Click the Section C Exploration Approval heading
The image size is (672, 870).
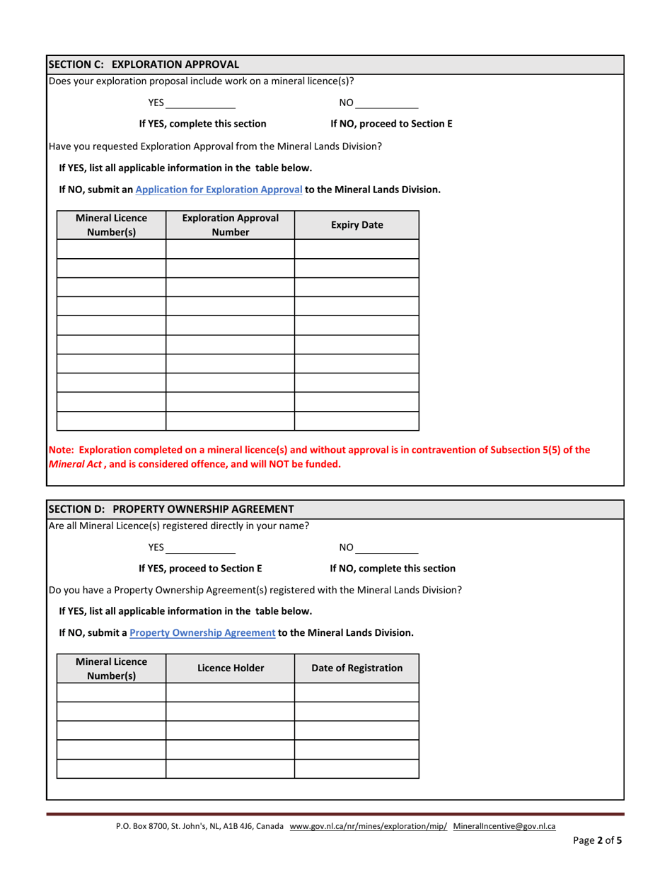[x=144, y=64]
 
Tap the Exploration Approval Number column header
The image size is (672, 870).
[x=230, y=225]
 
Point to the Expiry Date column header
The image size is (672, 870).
[x=357, y=225]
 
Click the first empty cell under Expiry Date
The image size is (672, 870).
[x=357, y=250]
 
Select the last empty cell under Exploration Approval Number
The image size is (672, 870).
[x=230, y=421]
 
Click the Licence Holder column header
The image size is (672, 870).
[x=230, y=668]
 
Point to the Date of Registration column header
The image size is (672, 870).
[x=357, y=668]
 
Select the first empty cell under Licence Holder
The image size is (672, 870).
[x=230, y=693]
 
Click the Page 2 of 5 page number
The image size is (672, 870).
[x=597, y=841]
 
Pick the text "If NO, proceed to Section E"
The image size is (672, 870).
[x=391, y=124]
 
